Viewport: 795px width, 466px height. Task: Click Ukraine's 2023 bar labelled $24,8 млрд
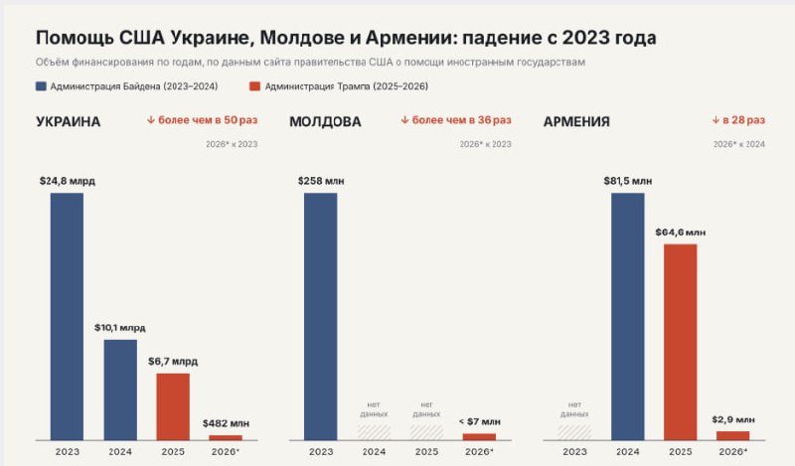tap(67, 316)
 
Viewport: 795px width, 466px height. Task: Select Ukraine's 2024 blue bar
tap(120, 389)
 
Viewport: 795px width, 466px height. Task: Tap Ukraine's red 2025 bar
tap(173, 406)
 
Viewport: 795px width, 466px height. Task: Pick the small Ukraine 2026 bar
tap(226, 437)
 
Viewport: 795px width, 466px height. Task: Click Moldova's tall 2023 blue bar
tap(320, 316)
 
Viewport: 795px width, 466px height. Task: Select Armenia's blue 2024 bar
tap(628, 316)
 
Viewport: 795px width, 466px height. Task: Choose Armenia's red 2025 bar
tap(681, 342)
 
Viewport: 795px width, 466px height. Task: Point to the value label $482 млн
tap(226, 423)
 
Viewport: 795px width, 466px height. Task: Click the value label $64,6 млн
tap(681, 233)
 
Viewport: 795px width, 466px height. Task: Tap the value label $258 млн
tap(321, 181)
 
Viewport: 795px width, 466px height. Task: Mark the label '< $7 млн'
tap(480, 421)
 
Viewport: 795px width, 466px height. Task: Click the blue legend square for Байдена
tap(41, 86)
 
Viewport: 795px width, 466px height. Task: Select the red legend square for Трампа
tap(255, 86)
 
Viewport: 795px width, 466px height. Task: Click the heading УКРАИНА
tap(68, 121)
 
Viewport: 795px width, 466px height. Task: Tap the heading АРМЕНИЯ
tap(576, 121)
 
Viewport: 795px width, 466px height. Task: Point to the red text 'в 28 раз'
tap(743, 120)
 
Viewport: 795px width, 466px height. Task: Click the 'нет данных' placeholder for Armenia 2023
tap(574, 409)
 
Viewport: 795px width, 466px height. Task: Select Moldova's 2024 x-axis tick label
tap(374, 451)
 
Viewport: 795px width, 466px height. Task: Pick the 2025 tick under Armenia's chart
tap(681, 451)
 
